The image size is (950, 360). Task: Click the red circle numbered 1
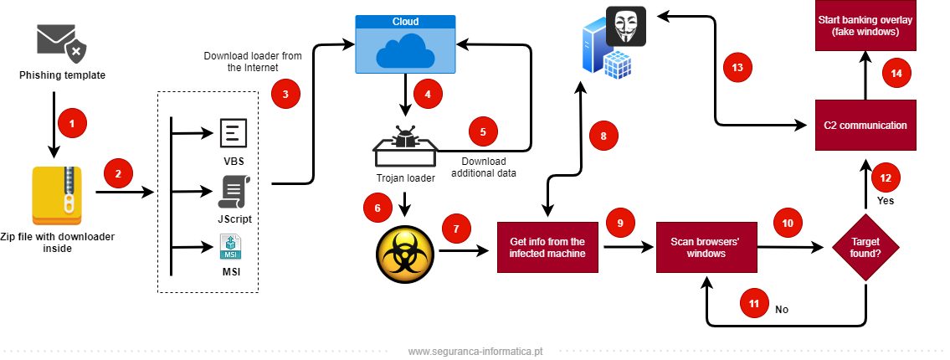click(72, 124)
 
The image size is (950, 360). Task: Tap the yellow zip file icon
click(57, 196)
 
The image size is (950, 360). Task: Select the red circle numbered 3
click(285, 94)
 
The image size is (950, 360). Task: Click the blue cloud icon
click(405, 50)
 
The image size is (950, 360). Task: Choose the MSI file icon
click(230, 247)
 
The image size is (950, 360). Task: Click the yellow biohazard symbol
click(405, 255)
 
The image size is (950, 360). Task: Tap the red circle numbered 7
click(456, 228)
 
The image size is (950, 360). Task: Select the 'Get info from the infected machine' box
click(547, 247)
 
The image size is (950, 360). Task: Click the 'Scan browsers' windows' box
click(706, 247)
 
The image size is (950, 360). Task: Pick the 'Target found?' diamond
click(865, 247)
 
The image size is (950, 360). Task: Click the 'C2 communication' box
click(865, 125)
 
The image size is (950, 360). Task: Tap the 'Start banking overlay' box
click(865, 25)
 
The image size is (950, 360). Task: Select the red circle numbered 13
click(737, 68)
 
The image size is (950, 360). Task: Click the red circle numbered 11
click(754, 304)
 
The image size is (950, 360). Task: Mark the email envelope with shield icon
click(61, 42)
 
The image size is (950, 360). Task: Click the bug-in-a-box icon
click(405, 147)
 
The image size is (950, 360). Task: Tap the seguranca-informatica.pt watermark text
click(475, 352)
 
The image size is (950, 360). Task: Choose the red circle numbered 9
click(620, 223)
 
